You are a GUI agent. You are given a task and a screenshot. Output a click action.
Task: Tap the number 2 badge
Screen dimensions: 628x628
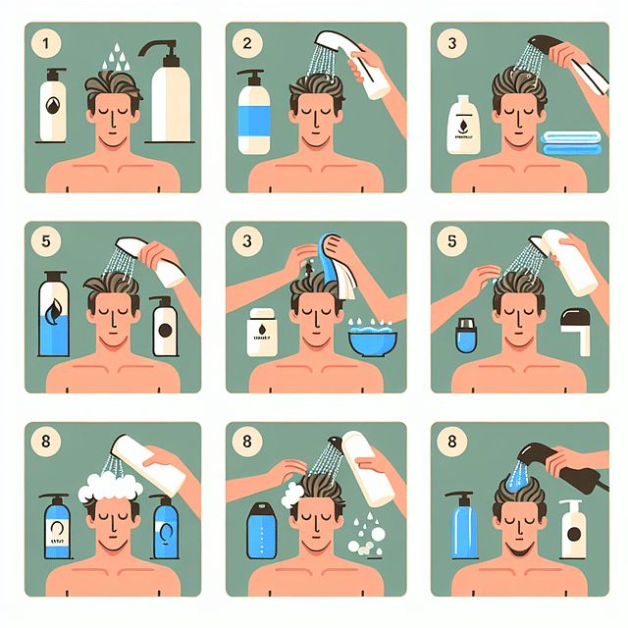[x=246, y=44]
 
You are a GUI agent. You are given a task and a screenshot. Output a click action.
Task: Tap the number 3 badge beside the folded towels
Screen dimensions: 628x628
[x=450, y=44]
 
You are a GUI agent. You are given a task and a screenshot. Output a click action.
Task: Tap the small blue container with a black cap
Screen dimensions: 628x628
[x=465, y=335]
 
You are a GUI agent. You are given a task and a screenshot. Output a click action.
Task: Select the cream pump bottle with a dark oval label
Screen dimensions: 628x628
[x=571, y=530]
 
